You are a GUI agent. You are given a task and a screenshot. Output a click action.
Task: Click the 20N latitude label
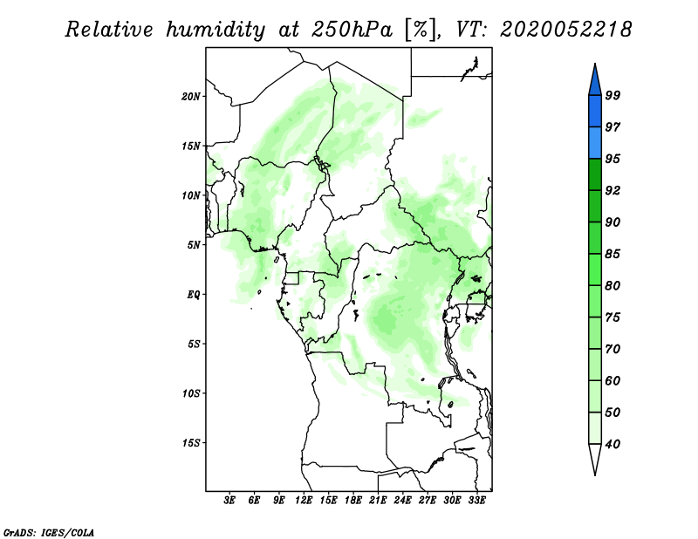pos(191,97)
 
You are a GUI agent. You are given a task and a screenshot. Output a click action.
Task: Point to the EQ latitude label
pos(194,295)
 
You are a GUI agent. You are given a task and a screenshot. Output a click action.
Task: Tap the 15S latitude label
pos(191,443)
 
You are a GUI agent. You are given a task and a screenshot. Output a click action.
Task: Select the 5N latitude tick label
pos(194,245)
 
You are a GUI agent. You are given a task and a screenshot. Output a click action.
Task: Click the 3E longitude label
pos(229,501)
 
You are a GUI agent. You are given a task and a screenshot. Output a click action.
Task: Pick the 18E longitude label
pos(353,501)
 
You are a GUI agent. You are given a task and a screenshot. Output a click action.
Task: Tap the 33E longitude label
pos(476,501)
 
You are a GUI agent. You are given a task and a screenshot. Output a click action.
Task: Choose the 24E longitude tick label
pos(402,501)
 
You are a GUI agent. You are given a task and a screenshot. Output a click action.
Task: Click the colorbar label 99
pos(612,95)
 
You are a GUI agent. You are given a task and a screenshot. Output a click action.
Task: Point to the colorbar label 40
pos(612,444)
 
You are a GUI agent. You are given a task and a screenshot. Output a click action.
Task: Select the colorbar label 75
pos(612,317)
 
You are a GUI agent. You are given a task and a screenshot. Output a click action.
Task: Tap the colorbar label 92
pos(612,190)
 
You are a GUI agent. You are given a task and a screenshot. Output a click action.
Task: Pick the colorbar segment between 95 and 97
pos(595,143)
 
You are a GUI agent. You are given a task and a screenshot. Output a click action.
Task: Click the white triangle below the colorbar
pos(595,458)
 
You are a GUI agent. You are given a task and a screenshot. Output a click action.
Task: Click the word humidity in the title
pos(215,30)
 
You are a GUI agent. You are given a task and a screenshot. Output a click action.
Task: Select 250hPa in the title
pos(352,30)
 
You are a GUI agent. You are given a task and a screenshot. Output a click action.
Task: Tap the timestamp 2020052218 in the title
pos(565,30)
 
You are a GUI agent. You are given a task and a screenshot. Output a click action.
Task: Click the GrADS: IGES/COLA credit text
pos(49,532)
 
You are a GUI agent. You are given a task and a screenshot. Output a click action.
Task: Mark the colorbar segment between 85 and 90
pos(595,238)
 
